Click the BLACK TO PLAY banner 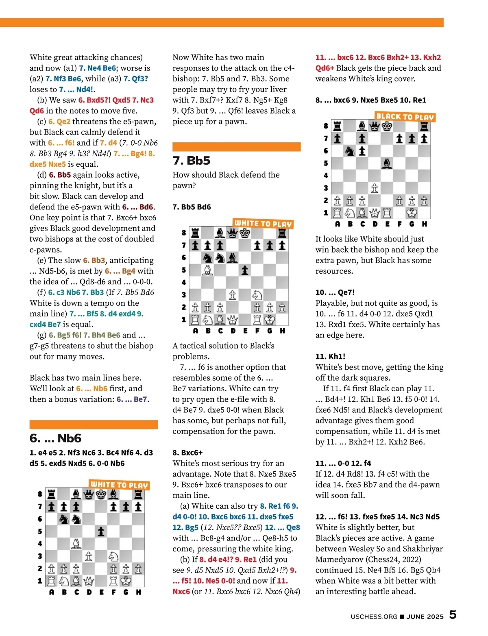405,117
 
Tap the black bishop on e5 387,163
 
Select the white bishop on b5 208,270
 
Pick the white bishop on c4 76,544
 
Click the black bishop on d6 233,258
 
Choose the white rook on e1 387,213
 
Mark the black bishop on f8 113,494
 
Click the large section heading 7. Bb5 192,161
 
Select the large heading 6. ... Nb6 56,438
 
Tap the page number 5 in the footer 453,614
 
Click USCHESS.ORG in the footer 374,616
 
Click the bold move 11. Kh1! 331,357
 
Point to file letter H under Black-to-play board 424,224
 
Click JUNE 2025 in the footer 425,616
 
